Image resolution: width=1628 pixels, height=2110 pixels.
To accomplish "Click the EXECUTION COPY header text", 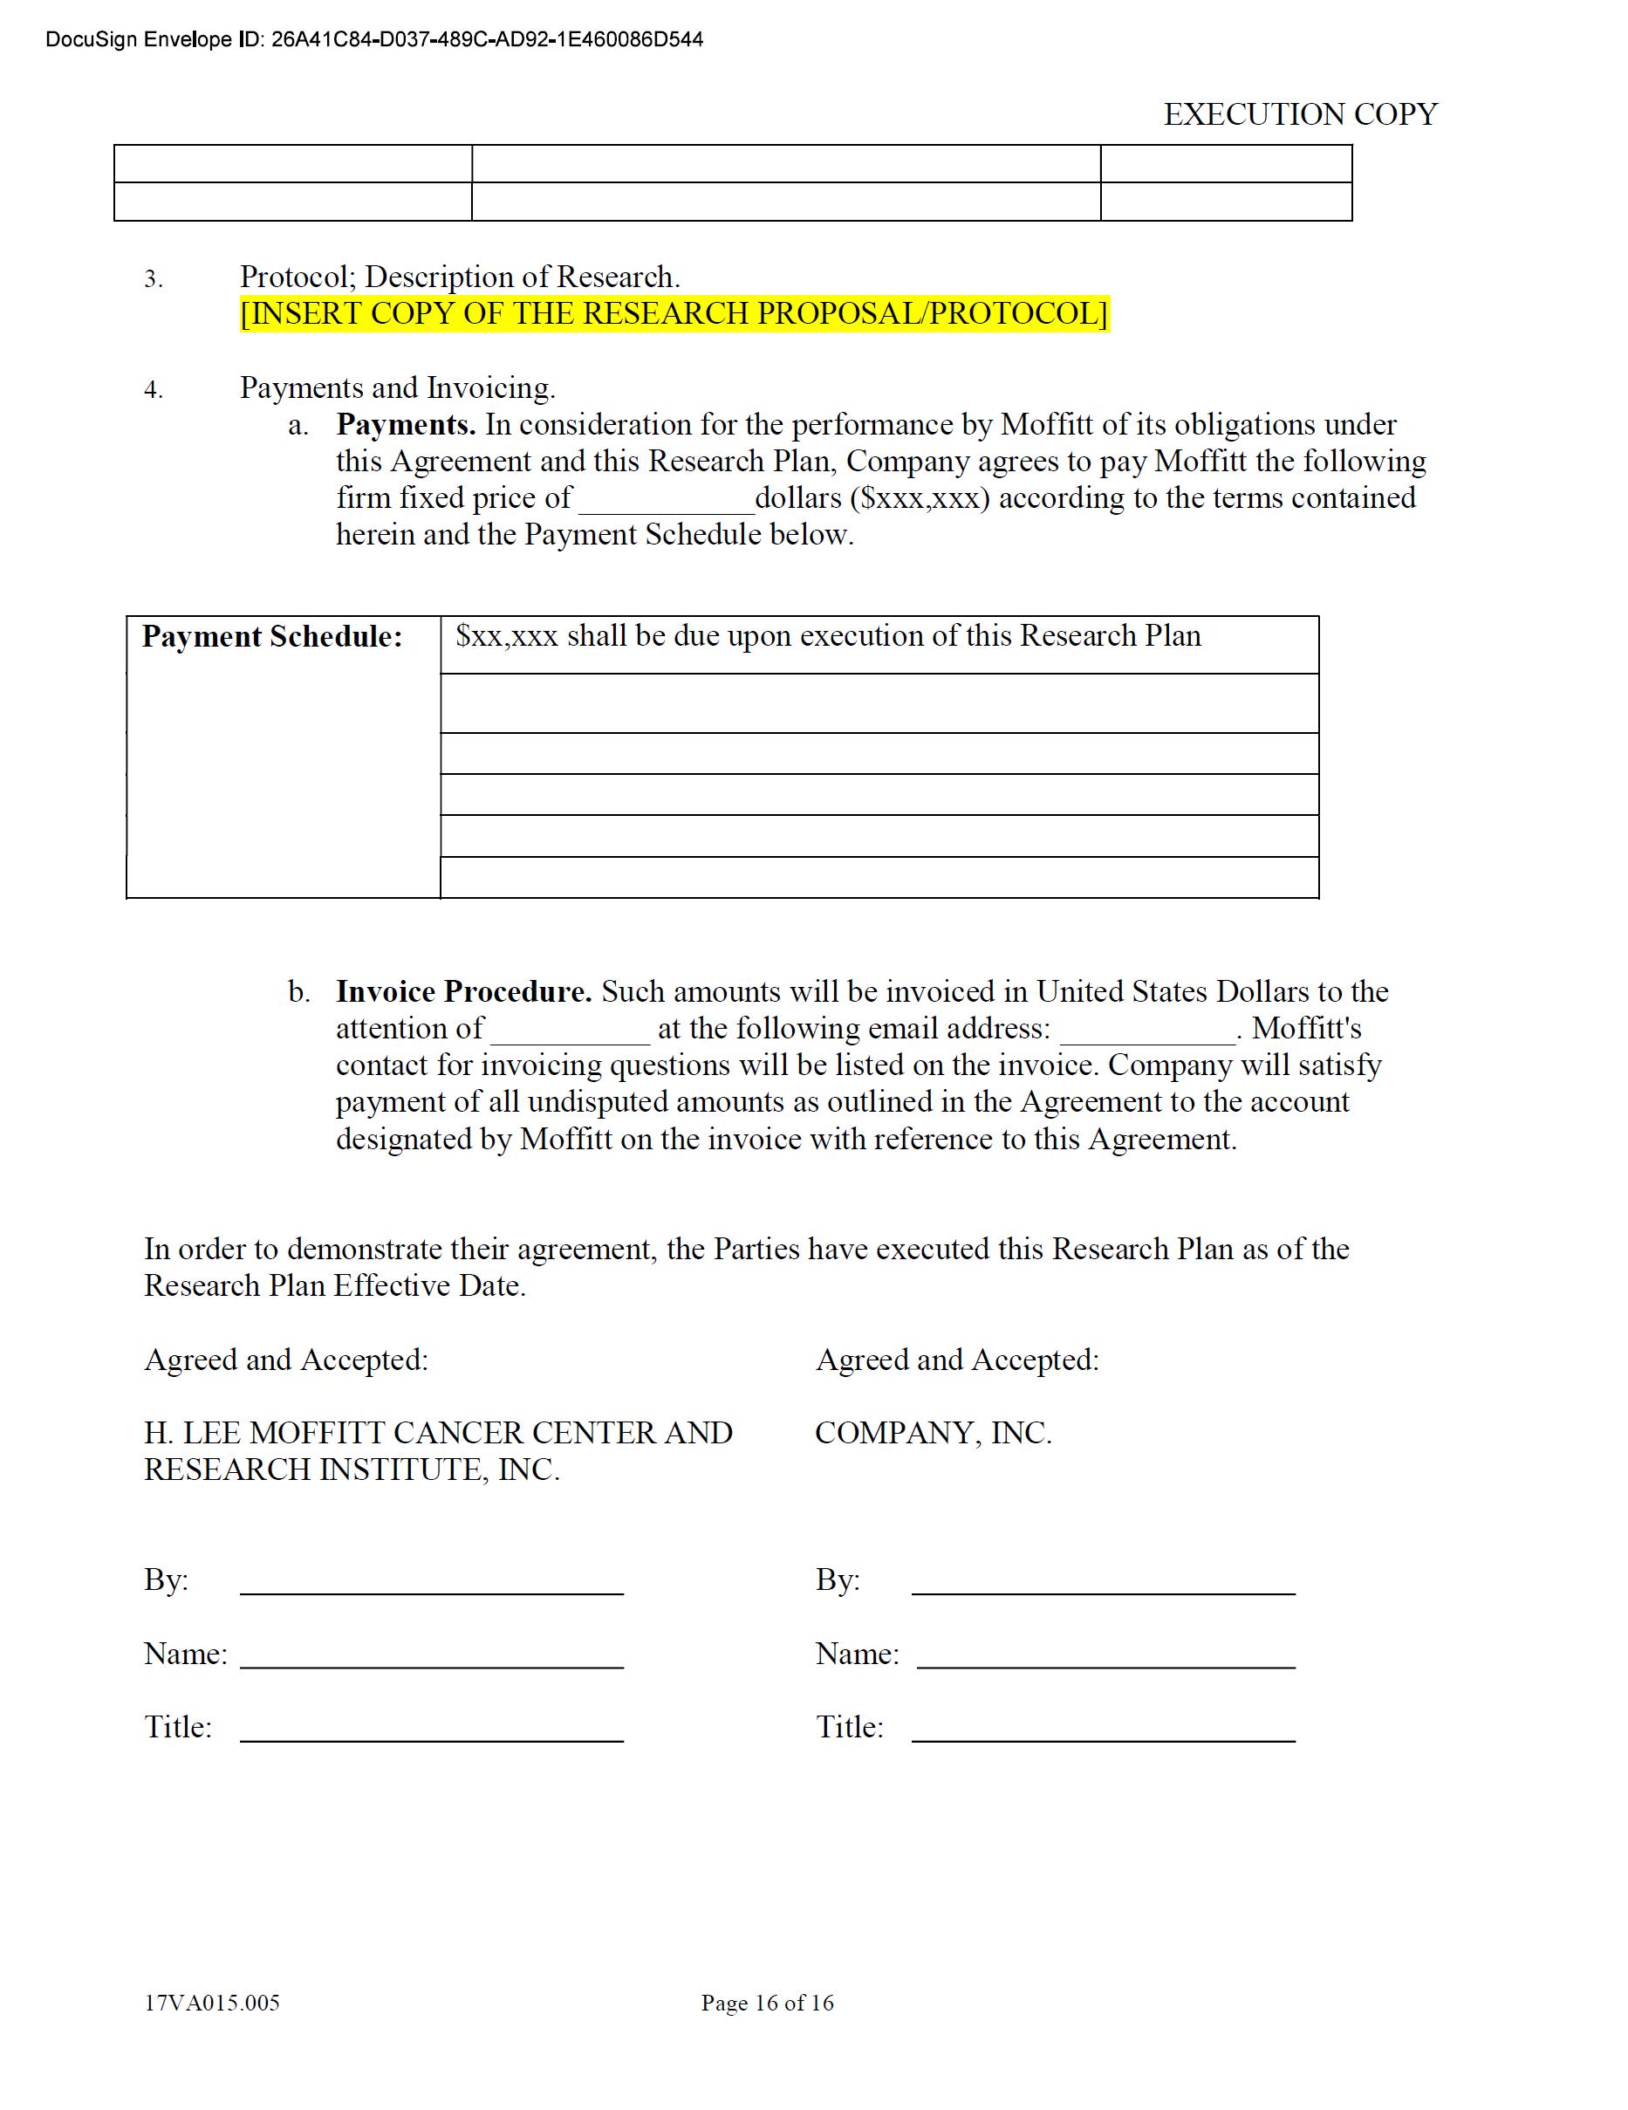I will click(1299, 115).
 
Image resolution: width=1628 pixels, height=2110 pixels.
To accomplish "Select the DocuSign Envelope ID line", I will click(374, 39).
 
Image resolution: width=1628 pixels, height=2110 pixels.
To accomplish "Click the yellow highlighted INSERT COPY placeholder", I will click(674, 314).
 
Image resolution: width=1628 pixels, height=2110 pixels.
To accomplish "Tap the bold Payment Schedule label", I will click(271, 637).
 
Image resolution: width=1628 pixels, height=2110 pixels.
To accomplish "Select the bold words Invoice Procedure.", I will click(464, 992).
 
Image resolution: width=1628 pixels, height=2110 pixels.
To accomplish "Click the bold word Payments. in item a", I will click(405, 425).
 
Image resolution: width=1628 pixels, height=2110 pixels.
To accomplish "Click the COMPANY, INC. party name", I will click(933, 1433).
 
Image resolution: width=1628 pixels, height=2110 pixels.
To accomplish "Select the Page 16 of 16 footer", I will click(767, 2003).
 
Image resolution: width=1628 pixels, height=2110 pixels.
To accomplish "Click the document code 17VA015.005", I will click(212, 2003).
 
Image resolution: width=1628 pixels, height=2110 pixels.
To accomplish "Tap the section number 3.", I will click(153, 280).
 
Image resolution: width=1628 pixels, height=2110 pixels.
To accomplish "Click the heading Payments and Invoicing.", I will click(397, 388).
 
